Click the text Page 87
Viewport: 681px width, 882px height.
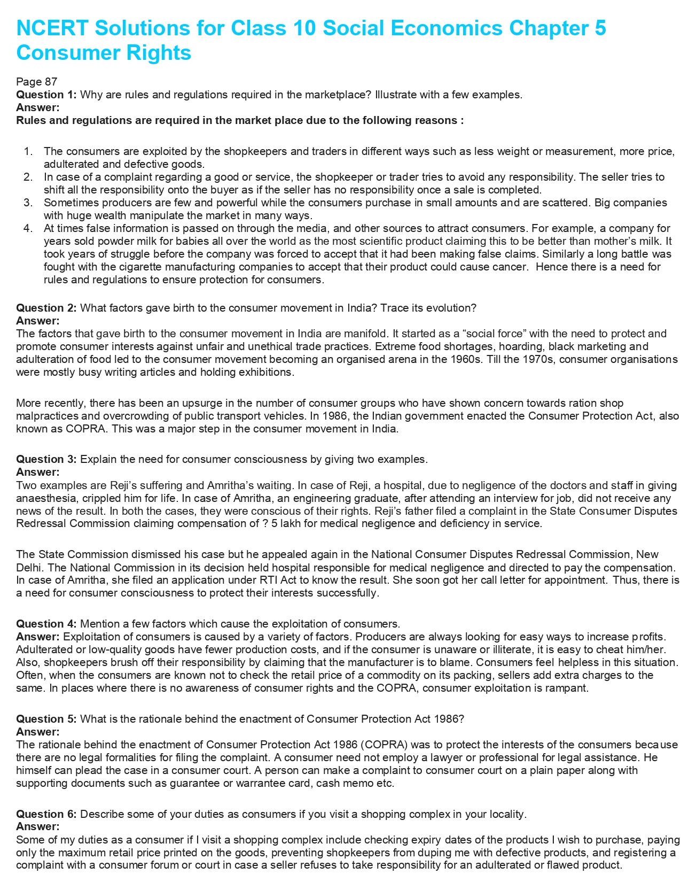pos(36,82)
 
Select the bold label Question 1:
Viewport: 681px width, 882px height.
pos(46,95)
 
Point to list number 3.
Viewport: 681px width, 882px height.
pos(28,203)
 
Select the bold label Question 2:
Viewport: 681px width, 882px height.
pos(46,308)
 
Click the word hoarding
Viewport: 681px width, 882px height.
pos(520,346)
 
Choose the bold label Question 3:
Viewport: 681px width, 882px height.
pos(46,459)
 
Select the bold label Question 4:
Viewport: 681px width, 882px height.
pos(46,624)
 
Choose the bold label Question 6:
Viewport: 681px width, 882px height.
pos(46,814)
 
